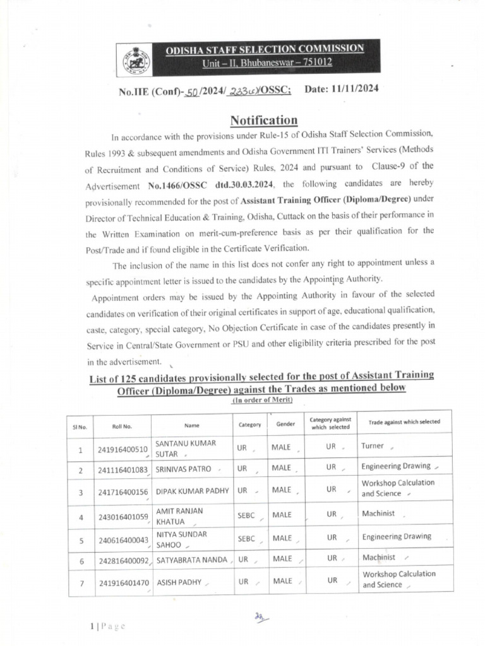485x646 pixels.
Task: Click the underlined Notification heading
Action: tap(263, 120)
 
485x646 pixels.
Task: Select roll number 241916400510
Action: tap(123, 449)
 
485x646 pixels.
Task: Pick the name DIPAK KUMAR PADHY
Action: tap(192, 490)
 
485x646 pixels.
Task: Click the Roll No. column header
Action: tap(122, 426)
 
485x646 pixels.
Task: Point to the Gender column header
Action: tap(285, 425)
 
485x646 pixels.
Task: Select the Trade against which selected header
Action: tap(400, 422)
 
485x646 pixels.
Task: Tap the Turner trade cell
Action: tap(373, 445)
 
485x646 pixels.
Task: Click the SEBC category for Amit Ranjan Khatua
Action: tap(246, 515)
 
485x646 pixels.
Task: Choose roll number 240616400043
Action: tap(123, 540)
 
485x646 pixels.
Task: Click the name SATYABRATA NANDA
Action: tap(192, 559)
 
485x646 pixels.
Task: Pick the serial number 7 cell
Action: tap(81, 584)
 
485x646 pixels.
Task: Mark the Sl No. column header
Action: tap(81, 426)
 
